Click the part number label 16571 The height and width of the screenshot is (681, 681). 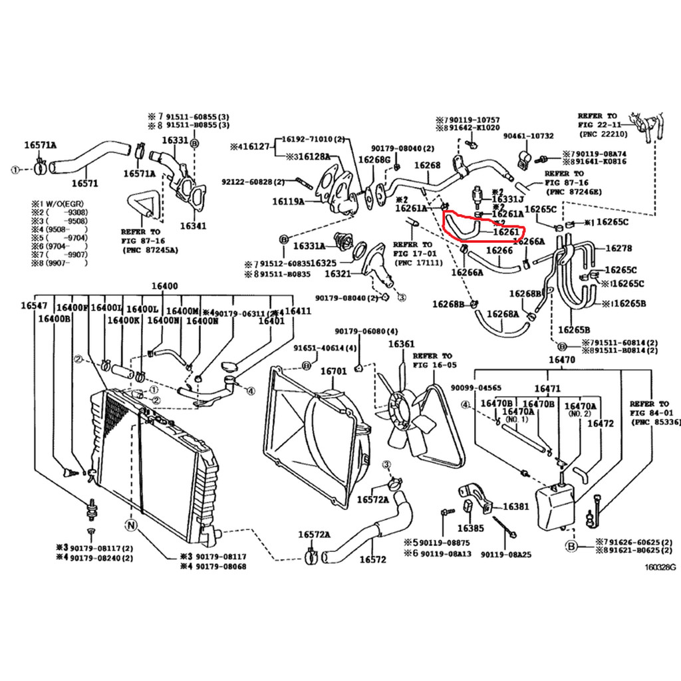pyautogui.click(x=84, y=184)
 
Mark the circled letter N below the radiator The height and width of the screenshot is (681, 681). pyautogui.click(x=131, y=525)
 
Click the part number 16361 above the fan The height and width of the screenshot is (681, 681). pyautogui.click(x=401, y=344)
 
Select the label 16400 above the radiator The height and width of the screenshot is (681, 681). pyautogui.click(x=164, y=286)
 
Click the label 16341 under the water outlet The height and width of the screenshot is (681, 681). pyautogui.click(x=192, y=225)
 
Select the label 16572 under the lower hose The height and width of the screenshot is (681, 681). pyautogui.click(x=372, y=559)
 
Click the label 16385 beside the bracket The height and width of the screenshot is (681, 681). pyautogui.click(x=470, y=529)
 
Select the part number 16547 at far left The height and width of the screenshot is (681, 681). pyautogui.click(x=33, y=305)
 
